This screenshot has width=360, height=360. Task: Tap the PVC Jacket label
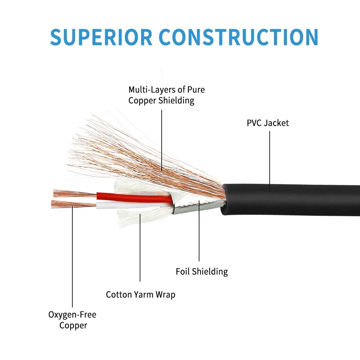[x=267, y=123]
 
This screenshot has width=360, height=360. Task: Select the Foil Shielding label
[x=202, y=271]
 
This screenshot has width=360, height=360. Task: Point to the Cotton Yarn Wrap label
[x=140, y=294]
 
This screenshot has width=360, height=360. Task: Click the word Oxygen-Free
[x=72, y=315]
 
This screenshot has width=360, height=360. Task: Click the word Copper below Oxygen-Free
[x=73, y=325]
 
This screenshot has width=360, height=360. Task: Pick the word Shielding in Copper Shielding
[x=176, y=100]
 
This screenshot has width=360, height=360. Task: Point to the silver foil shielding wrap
[x=194, y=207]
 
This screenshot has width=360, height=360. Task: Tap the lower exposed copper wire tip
[x=70, y=204]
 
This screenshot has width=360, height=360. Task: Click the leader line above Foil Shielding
[x=199, y=234]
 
